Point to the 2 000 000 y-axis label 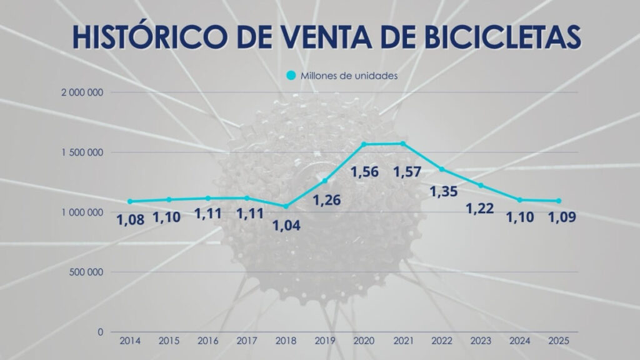click(83, 92)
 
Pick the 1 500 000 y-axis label click(83, 152)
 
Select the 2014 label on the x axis click(129, 341)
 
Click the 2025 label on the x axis click(558, 341)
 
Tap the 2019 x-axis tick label click(324, 341)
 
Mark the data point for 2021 click(402, 144)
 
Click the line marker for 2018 click(286, 206)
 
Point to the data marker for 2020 click(364, 144)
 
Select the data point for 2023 click(481, 185)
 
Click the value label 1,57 click(406, 171)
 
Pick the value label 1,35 click(444, 191)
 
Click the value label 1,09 click(561, 217)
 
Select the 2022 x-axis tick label click(441, 341)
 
